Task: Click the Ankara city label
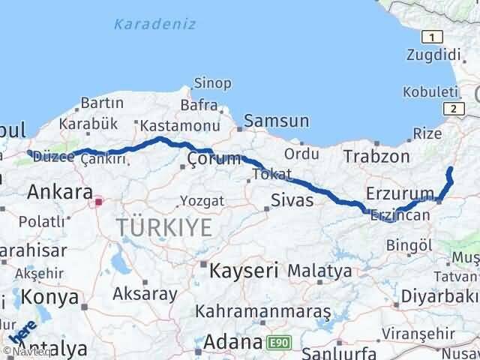(x=59, y=192)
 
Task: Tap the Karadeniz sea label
(x=154, y=24)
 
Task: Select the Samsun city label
(x=276, y=120)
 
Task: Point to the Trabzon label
(x=376, y=156)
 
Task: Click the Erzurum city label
(x=400, y=193)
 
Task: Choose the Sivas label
(x=292, y=200)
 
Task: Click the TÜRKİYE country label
(x=163, y=228)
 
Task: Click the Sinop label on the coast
(x=212, y=83)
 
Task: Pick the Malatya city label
(x=319, y=270)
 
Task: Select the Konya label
(x=49, y=297)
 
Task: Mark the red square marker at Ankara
(x=98, y=201)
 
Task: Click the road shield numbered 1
(x=431, y=37)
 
